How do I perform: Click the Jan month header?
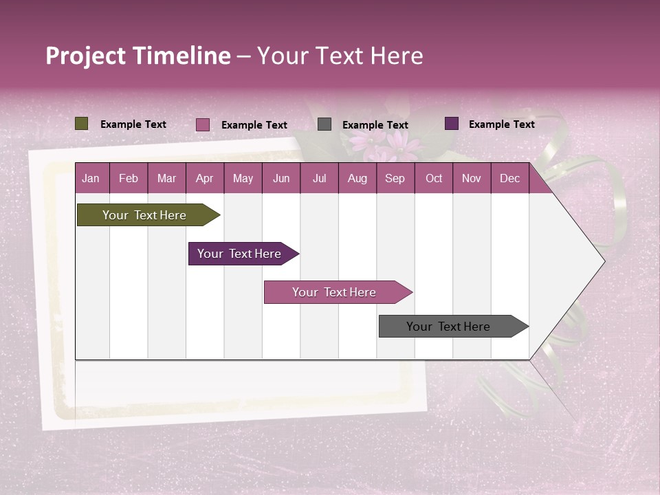point(91,179)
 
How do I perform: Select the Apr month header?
point(204,179)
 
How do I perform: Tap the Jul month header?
point(319,179)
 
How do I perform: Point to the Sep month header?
point(395,179)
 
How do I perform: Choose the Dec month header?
point(509,179)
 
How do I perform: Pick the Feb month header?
point(129,179)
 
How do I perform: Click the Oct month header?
point(434,179)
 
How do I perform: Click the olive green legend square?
point(82,124)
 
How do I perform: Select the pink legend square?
point(203,124)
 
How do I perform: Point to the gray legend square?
point(324,124)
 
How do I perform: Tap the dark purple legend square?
point(452,124)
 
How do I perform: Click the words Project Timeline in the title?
point(137,56)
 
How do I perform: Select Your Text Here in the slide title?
point(340,56)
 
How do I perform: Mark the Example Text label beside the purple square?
point(501,124)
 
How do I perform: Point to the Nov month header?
point(472,179)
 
